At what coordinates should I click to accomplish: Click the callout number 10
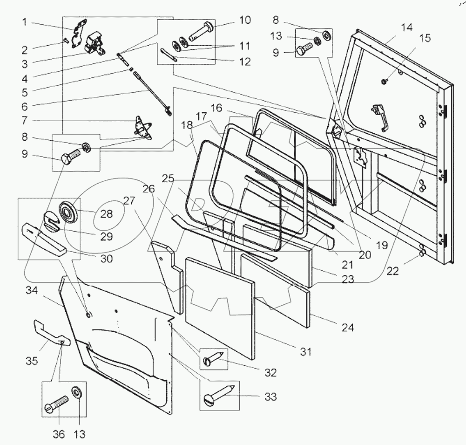point(244,20)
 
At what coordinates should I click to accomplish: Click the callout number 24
point(348,328)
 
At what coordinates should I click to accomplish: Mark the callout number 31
point(305,352)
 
